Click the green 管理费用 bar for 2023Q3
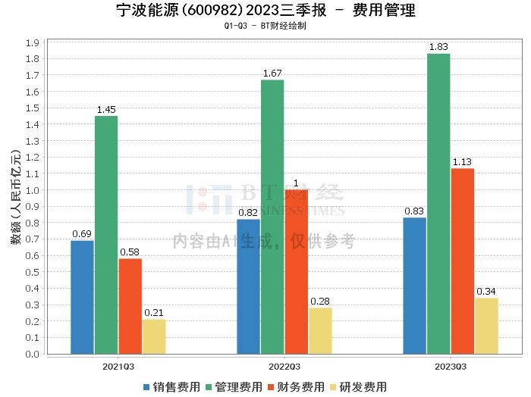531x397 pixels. [x=438, y=204]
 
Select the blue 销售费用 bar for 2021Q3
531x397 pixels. [x=82, y=297]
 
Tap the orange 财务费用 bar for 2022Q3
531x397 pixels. [x=296, y=271]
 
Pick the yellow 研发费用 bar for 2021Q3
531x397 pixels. [x=154, y=336]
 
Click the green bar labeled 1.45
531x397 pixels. [x=106, y=235]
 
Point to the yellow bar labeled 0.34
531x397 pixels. [x=486, y=326]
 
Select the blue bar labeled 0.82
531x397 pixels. [x=248, y=286]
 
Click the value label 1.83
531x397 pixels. [x=438, y=47]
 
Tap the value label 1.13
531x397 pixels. [x=463, y=161]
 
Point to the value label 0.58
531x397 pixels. [x=130, y=252]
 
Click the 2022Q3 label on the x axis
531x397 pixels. [x=272, y=366]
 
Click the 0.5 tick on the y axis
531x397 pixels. [x=32, y=272]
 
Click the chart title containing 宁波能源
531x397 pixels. [x=265, y=11]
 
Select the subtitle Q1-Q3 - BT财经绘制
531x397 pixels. [x=265, y=26]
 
